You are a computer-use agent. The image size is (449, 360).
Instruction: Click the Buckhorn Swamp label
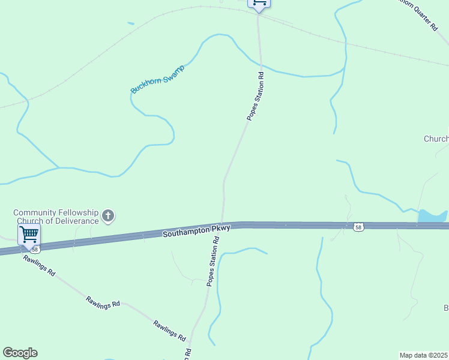(157, 79)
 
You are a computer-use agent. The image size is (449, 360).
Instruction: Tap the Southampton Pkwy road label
(196, 230)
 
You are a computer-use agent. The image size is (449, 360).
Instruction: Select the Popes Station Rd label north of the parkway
(256, 97)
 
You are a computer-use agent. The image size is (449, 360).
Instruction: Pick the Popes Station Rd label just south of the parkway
(212, 261)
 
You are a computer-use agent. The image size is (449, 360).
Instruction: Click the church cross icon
(108, 216)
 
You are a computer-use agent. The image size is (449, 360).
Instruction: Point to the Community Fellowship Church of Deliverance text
(56, 217)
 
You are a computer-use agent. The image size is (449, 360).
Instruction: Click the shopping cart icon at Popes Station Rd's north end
(259, 3)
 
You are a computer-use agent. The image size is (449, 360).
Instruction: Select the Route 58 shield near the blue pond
(358, 227)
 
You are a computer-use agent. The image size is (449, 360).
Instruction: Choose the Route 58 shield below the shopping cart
(35, 249)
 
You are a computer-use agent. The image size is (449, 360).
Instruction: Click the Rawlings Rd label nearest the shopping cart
(39, 265)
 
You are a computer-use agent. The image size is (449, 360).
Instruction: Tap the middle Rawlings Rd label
(103, 301)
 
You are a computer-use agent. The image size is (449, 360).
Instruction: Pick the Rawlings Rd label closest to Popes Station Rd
(169, 330)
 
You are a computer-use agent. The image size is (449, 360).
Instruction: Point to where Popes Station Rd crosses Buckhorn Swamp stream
(261, 67)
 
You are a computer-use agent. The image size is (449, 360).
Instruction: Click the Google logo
(20, 353)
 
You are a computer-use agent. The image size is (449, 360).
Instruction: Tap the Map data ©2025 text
(424, 355)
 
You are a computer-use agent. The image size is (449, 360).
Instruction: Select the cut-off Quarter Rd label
(420, 15)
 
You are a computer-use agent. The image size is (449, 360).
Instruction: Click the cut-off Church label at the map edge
(436, 139)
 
